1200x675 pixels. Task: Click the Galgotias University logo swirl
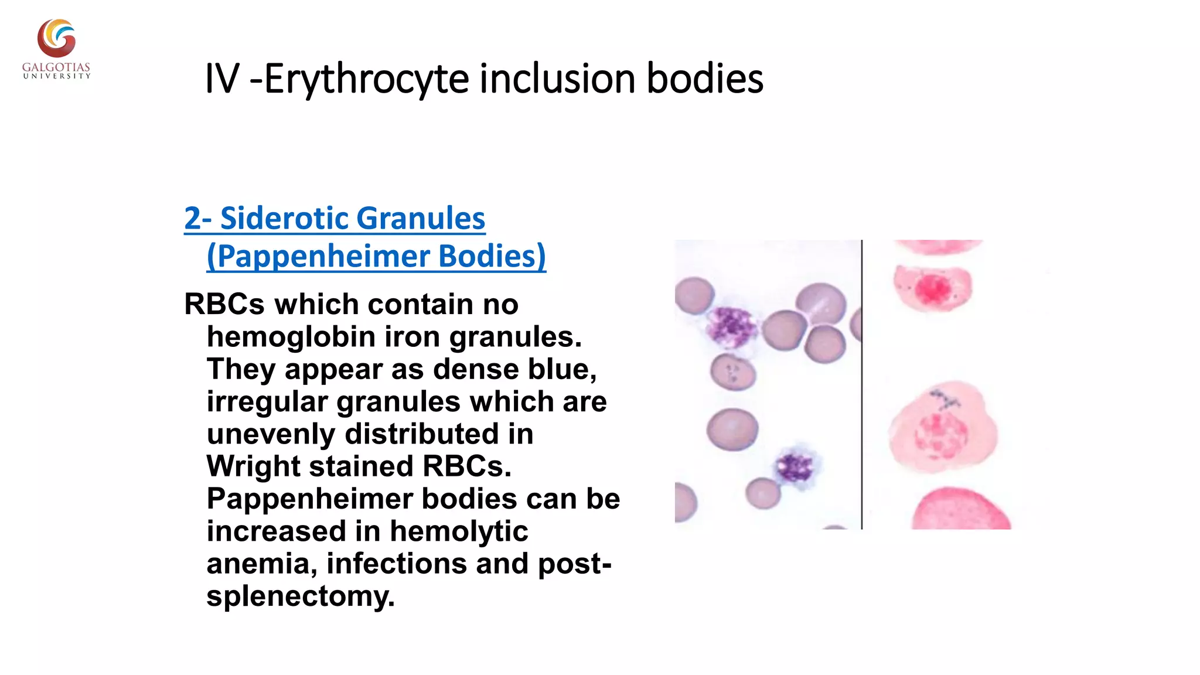57,38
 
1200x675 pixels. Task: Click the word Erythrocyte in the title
367,79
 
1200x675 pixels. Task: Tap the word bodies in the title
704,79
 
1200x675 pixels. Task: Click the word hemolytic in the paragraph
458,531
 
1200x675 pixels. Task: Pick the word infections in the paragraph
396,564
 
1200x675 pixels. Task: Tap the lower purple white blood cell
795,467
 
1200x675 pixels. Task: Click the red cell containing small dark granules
732,371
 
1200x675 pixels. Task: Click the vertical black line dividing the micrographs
862,384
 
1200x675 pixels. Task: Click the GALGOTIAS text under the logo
56,67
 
